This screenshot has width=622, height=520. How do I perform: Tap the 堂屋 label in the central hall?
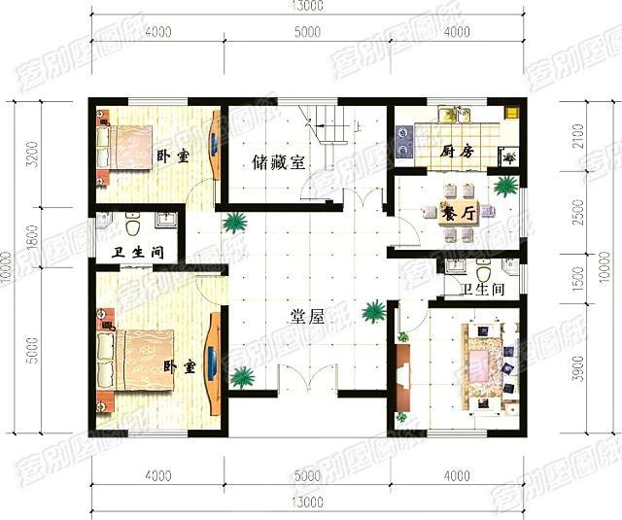(308, 316)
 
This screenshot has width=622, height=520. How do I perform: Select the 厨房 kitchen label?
(456, 152)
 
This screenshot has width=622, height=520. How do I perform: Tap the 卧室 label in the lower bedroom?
(178, 367)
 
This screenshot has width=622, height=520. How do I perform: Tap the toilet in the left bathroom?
(133, 225)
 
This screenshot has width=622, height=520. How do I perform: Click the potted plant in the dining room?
(504, 185)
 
